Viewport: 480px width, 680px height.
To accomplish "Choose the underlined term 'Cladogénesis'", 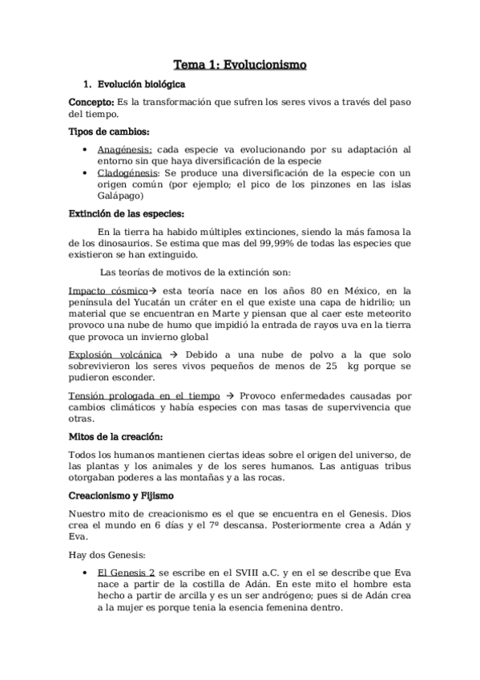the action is (x=127, y=172).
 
